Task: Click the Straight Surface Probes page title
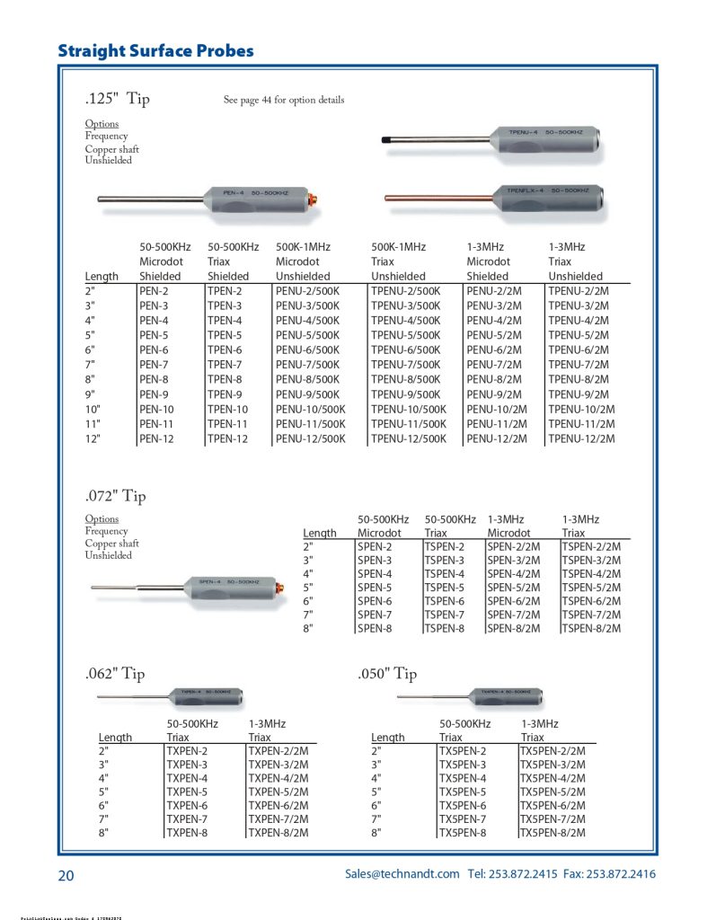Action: pos(155,50)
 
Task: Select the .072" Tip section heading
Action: pos(115,495)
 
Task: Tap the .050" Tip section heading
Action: pos(387,673)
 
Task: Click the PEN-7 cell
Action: pos(154,365)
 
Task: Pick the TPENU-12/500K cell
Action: pos(409,438)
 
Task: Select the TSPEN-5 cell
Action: pos(445,588)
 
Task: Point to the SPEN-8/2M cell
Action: pos(513,629)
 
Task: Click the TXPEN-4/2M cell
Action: pos(278,778)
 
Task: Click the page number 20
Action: pos(66,875)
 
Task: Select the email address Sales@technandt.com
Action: pos(402,874)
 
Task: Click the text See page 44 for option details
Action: pos(284,100)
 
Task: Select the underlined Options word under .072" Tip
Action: pos(102,519)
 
